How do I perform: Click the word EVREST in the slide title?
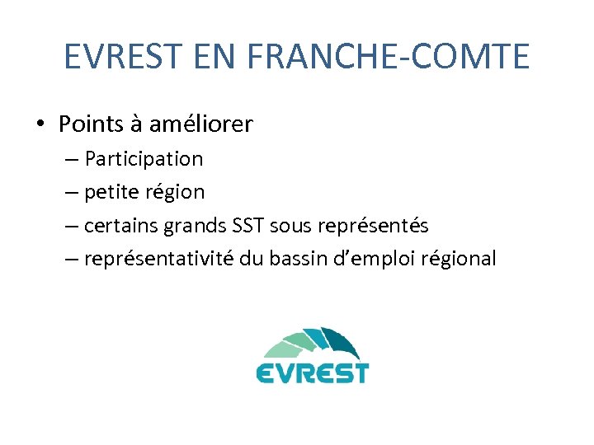(121, 57)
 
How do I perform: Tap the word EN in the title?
(218, 57)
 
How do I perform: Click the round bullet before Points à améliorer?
(40, 124)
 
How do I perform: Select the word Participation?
(144, 158)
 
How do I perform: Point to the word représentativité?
(160, 259)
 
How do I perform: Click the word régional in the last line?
(459, 259)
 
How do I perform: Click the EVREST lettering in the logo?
(312, 372)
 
